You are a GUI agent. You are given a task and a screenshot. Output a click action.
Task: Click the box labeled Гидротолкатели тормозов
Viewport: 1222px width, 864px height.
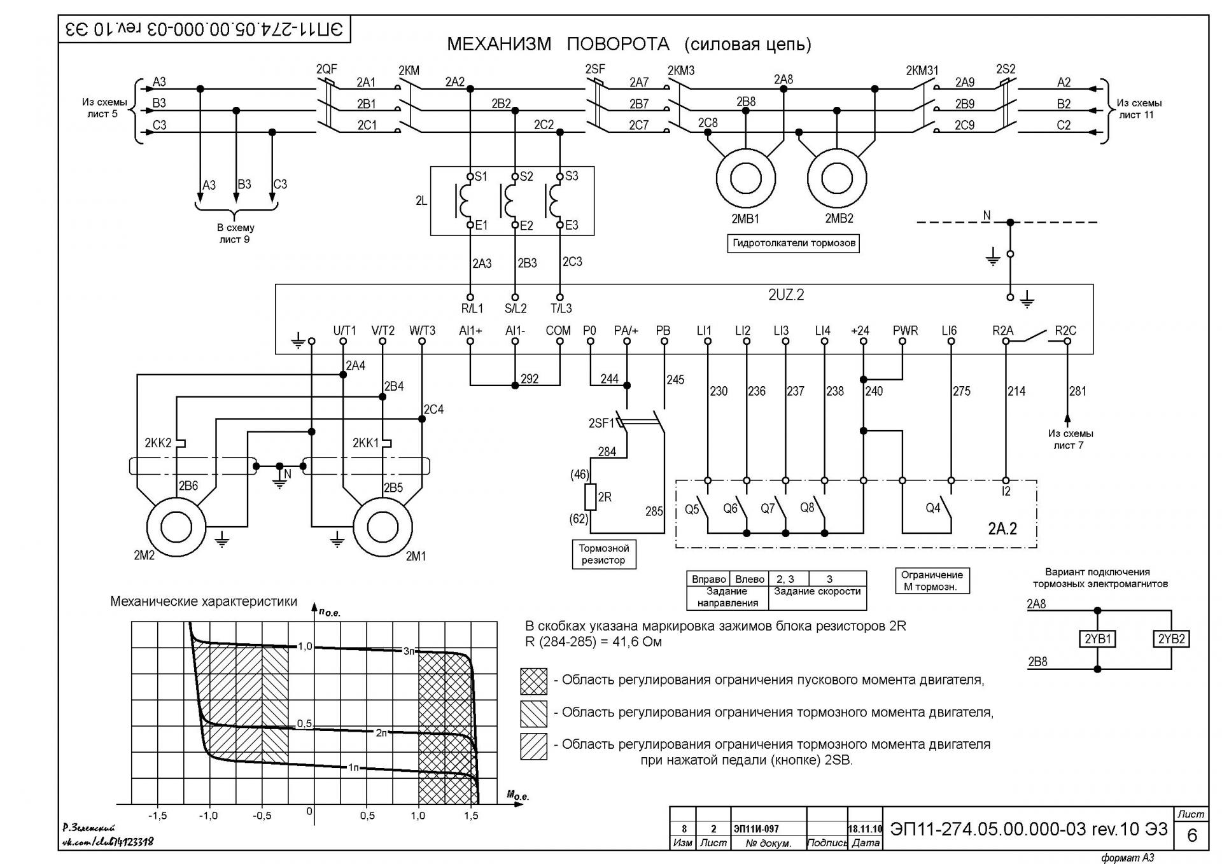point(794,243)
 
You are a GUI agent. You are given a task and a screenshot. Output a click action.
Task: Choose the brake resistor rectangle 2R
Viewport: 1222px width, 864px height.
point(590,497)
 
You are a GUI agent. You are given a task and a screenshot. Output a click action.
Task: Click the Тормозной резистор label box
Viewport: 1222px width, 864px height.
point(603,554)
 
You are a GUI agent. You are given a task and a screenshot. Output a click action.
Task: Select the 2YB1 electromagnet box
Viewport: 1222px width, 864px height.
point(1097,639)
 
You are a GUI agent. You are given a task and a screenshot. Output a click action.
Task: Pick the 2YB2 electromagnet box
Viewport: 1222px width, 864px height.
point(1171,639)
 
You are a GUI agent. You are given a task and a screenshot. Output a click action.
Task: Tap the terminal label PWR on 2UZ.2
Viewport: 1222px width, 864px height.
point(904,331)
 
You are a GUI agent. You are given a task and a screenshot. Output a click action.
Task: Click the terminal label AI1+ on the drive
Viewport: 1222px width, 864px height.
point(470,331)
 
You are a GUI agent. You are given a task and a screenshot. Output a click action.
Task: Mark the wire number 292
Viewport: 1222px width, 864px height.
point(530,379)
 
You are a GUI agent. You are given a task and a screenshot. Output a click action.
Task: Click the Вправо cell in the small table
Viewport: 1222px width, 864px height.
point(708,579)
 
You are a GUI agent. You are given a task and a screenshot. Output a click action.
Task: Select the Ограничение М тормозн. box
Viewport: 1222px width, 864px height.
point(932,580)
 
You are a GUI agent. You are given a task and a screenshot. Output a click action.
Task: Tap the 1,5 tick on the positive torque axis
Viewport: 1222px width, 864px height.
point(471,816)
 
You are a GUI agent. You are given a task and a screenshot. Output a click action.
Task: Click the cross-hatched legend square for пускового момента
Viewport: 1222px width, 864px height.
point(533,681)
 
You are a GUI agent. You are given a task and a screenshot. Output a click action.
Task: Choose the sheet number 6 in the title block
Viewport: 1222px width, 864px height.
point(1192,835)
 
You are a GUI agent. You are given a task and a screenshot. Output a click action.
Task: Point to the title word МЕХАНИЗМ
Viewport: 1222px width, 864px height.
point(499,44)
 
